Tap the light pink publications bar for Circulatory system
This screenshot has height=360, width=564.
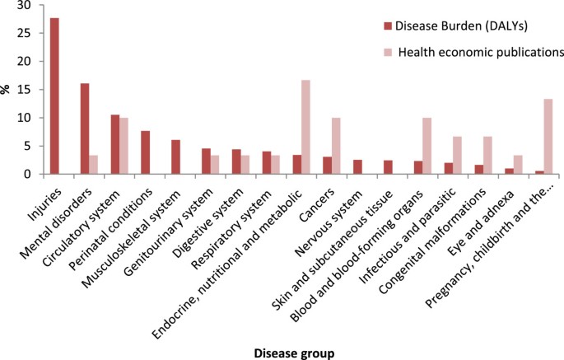[x=124, y=146]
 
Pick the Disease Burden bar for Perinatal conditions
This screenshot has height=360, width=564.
[x=144, y=152]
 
